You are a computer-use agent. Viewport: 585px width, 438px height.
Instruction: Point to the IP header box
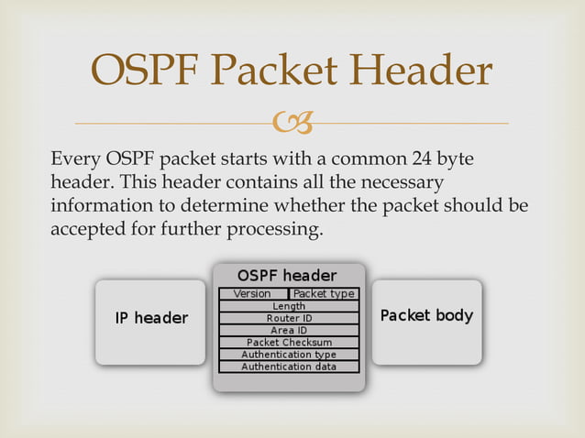[x=150, y=319]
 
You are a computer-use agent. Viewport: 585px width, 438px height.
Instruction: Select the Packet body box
[x=426, y=316]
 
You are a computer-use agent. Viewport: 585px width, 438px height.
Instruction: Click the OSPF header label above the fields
[x=287, y=276]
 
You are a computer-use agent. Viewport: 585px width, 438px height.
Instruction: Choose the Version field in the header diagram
[x=252, y=294]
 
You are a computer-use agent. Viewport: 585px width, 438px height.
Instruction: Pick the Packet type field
[x=324, y=294]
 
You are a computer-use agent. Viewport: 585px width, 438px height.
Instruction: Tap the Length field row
[x=289, y=306]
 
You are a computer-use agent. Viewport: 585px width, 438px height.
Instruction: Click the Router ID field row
[x=289, y=318]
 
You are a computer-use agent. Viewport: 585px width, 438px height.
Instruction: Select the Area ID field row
[x=289, y=330]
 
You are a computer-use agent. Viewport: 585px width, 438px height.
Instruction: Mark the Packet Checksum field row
[x=289, y=343]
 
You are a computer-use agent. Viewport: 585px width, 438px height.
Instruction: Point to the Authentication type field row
[x=289, y=355]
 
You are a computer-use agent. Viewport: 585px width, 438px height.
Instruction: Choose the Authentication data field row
[x=289, y=367]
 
